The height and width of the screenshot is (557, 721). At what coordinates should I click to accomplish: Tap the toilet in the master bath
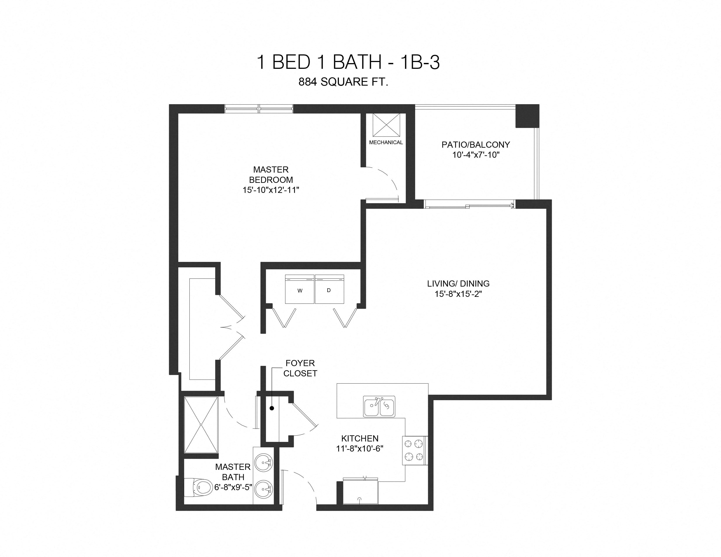tap(199, 487)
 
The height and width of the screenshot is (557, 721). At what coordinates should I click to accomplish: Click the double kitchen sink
tap(379, 406)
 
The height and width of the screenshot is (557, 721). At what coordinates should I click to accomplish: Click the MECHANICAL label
tap(386, 143)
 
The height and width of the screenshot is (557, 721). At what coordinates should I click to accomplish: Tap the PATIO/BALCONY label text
tap(476, 145)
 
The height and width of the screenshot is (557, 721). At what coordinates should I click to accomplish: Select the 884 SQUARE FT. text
tap(343, 82)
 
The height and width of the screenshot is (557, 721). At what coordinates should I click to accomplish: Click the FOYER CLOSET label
tap(300, 368)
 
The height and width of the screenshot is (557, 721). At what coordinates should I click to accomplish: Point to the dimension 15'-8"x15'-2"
tap(458, 294)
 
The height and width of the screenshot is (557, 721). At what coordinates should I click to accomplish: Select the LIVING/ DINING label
tap(458, 284)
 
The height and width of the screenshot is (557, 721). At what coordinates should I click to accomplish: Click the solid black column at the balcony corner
tap(527, 116)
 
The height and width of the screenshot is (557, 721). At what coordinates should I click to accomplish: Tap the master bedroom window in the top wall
tap(258, 109)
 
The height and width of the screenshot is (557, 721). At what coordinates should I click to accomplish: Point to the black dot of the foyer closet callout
tap(272, 408)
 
